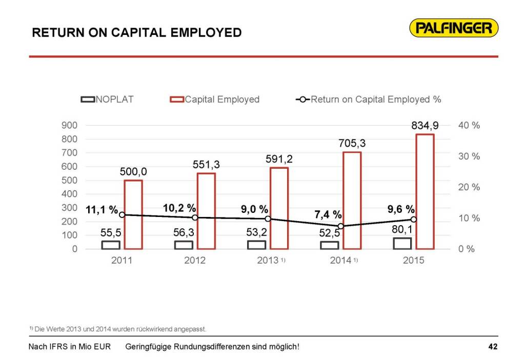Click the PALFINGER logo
tap(454, 28)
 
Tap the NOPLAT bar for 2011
tap(110, 245)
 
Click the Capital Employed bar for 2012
tap(206, 211)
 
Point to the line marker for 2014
tap(340, 226)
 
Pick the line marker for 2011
tap(122, 215)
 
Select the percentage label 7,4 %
tap(328, 214)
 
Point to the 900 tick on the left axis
tap(70, 125)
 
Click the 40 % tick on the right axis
tap(468, 125)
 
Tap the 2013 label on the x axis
tap(268, 261)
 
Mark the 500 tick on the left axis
tap(70, 181)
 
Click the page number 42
tap(493, 347)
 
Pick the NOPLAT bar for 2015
tap(402, 244)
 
